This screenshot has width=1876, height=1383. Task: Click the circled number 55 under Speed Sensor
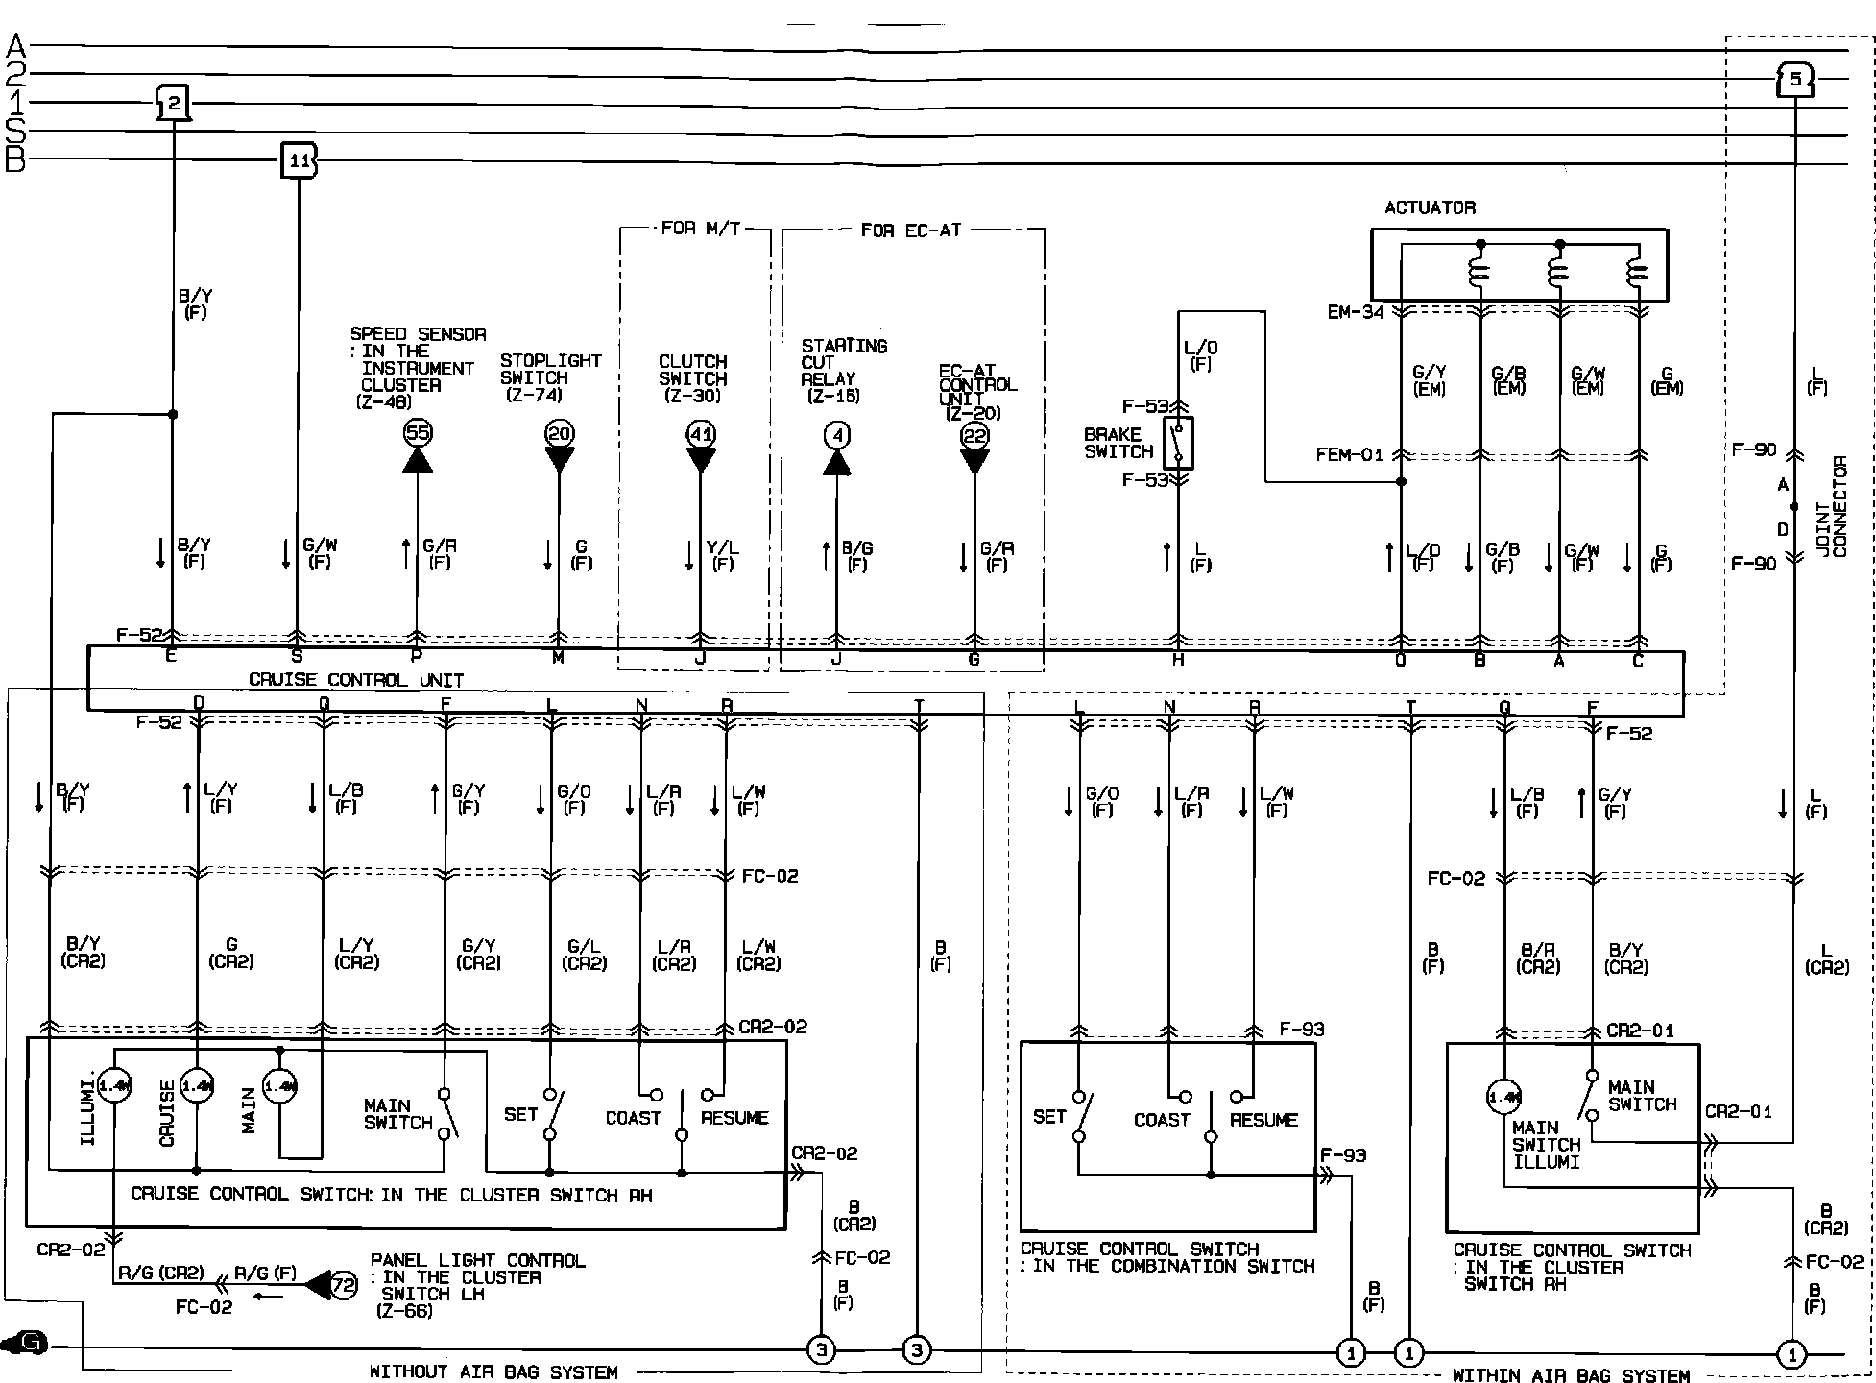417,433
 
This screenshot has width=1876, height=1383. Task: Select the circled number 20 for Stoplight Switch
559,433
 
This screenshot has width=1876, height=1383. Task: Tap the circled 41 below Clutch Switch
701,434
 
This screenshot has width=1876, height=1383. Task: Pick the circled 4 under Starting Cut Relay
837,436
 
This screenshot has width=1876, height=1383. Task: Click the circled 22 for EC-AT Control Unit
974,436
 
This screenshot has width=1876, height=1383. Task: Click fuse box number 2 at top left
173,102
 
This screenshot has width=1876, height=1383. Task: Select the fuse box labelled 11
299,160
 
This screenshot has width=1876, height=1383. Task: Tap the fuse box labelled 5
1793,79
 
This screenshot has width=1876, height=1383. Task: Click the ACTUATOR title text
1430,207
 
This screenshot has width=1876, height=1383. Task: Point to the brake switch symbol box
1179,443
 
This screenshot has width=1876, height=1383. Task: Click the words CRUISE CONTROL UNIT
356,680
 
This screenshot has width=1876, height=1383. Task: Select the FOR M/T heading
701,229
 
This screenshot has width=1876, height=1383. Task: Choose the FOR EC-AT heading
910,230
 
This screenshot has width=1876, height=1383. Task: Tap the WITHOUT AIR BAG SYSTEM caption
493,1371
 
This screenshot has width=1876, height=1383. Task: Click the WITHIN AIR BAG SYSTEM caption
1571,1375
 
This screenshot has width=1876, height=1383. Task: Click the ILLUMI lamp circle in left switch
113,1086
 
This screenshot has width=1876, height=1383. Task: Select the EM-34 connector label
1356,312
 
